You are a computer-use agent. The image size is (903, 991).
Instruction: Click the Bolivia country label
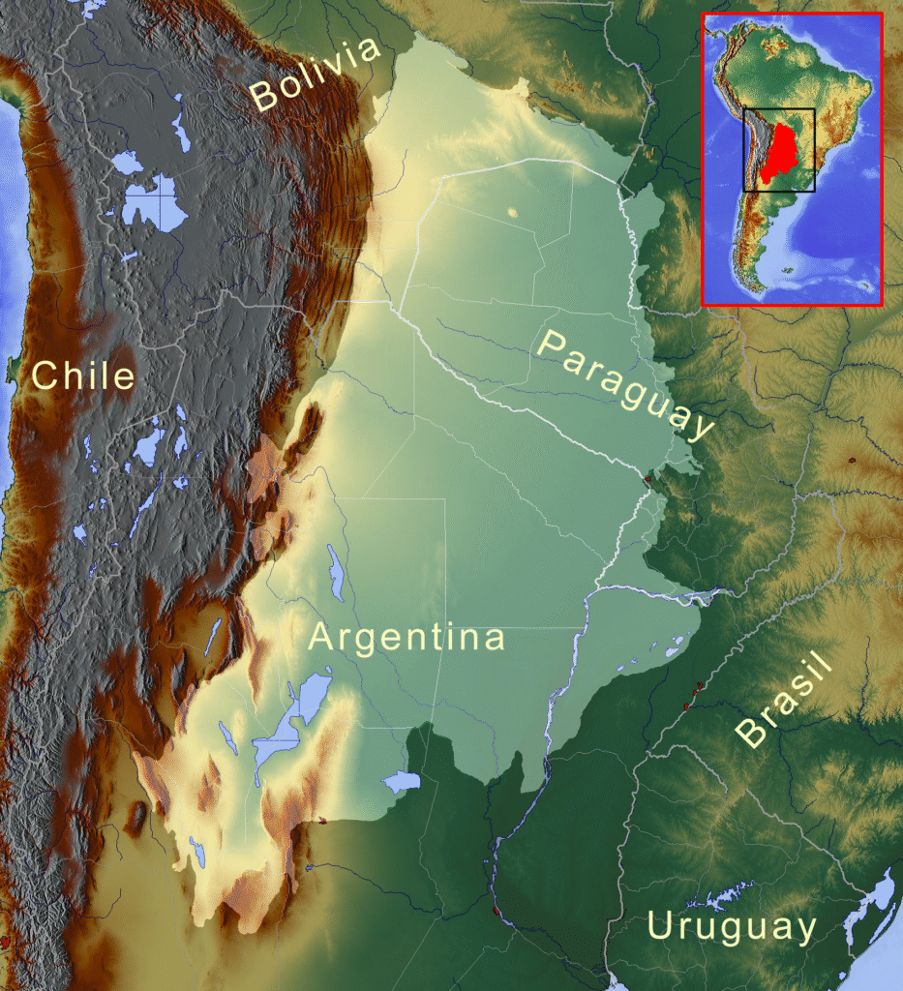point(316,73)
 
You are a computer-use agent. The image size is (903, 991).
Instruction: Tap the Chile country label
point(82,375)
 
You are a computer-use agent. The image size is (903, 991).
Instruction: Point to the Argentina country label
point(406,638)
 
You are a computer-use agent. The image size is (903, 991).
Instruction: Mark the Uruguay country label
point(732,926)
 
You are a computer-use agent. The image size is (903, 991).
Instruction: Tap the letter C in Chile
point(45,375)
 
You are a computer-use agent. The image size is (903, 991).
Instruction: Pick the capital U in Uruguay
point(660,925)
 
